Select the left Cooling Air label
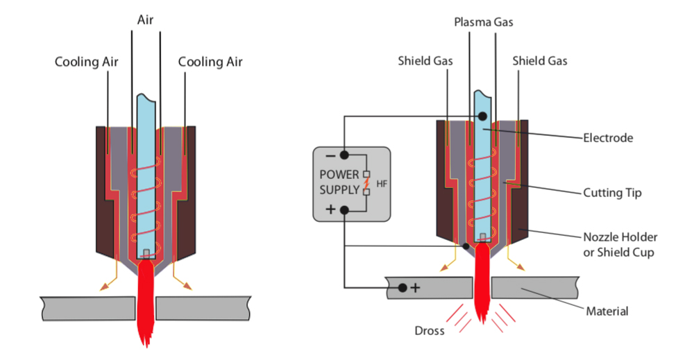point(87,62)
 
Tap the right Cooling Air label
point(210,62)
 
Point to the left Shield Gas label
point(425,61)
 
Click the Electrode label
point(607,138)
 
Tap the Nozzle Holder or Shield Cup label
point(620,244)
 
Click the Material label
point(607,311)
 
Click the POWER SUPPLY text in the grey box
point(340,181)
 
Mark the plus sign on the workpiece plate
point(415,287)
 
